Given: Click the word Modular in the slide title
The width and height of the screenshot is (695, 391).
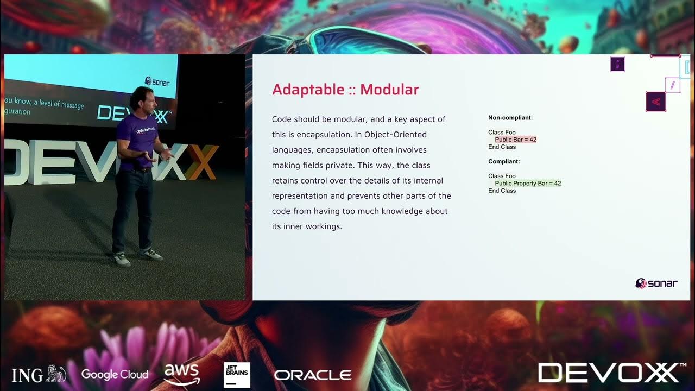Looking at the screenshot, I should [389, 90].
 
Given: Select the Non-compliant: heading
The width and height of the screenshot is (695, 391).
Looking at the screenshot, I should [510, 117].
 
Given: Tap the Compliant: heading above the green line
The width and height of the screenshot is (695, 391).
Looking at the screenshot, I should [504, 161].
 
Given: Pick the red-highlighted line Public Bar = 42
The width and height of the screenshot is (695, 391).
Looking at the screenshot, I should [515, 140].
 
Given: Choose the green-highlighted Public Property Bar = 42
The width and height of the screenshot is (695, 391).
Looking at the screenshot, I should [528, 184].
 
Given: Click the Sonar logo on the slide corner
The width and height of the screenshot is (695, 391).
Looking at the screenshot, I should [656, 283].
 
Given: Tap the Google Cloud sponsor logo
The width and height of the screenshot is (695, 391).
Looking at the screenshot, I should [115, 374].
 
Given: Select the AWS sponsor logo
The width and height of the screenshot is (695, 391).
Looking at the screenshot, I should [182, 374].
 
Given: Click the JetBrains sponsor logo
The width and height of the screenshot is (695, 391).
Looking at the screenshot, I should [237, 375].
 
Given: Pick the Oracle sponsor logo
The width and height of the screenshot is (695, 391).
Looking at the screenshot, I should [313, 375].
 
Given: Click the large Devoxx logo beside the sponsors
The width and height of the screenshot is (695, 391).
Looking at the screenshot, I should [608, 373].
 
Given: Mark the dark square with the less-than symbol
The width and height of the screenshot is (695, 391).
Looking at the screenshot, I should [655, 102].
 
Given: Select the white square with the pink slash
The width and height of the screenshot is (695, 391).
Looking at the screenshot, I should [672, 85].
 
